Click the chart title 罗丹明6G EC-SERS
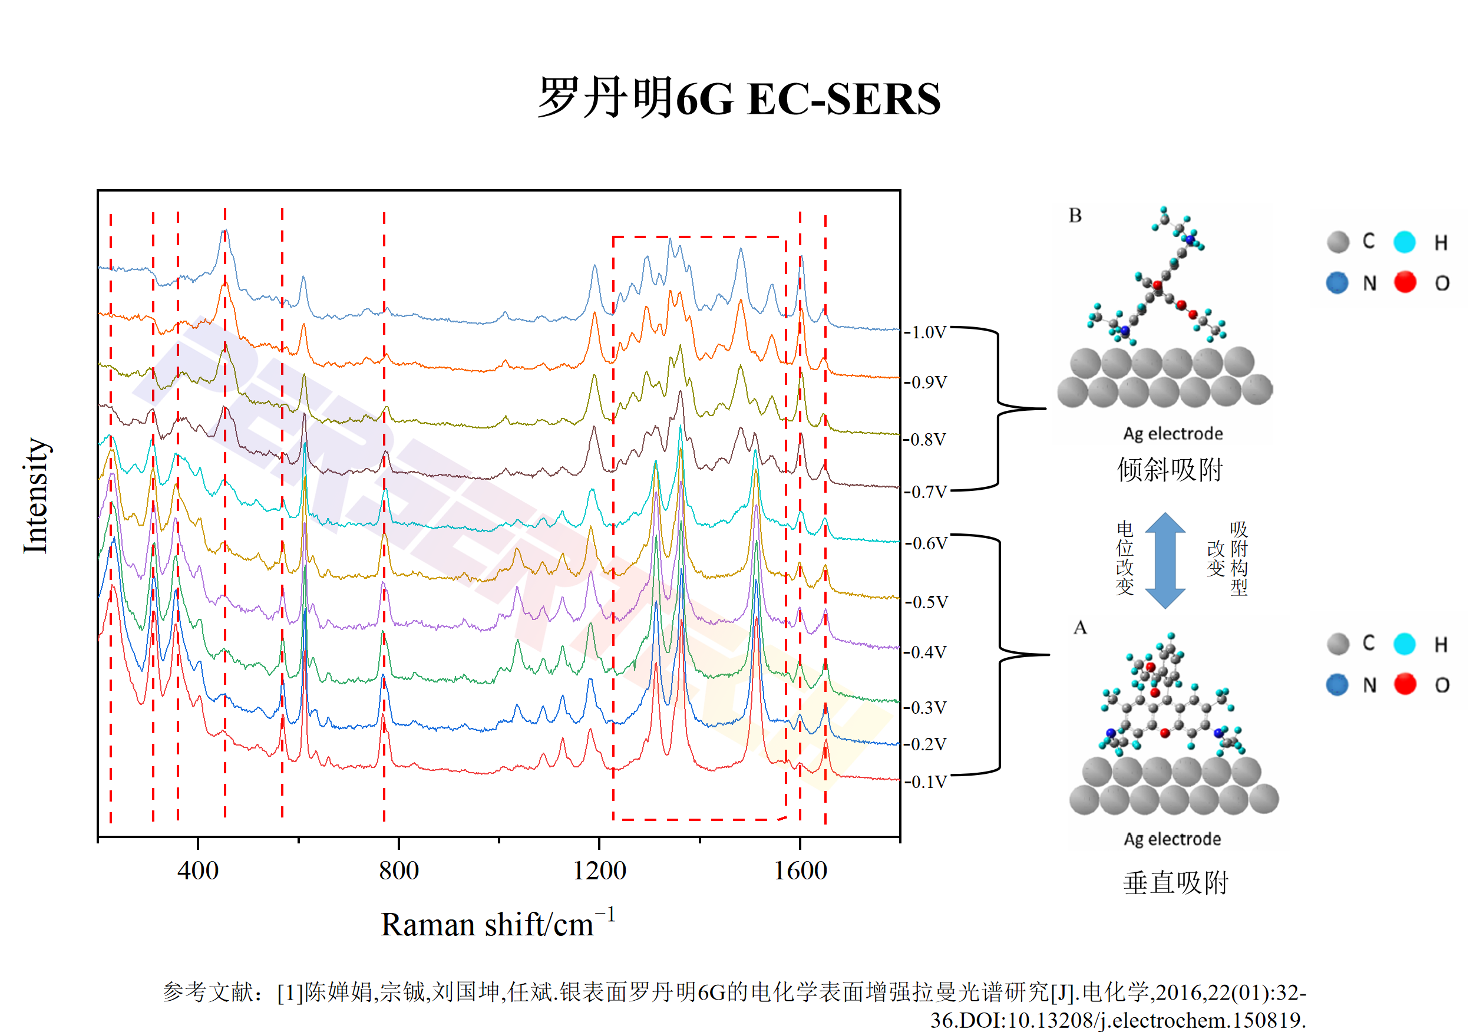click(738, 98)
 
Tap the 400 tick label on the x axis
click(197, 871)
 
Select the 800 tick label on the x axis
click(398, 871)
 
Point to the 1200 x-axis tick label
click(599, 871)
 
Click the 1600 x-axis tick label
click(800, 871)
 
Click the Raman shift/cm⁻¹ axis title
click(498, 924)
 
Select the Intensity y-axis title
click(36, 496)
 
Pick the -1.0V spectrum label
click(926, 332)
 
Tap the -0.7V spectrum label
click(926, 492)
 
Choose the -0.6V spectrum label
click(926, 543)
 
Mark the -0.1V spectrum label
click(926, 782)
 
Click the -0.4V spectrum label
click(926, 652)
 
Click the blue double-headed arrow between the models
click(1165, 560)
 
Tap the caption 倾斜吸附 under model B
click(1170, 470)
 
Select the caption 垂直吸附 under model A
click(1175, 883)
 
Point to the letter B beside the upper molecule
click(1075, 216)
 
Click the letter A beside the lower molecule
click(1081, 628)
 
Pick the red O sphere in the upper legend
click(1405, 282)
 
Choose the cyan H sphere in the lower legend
click(1404, 644)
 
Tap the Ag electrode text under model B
click(1173, 434)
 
